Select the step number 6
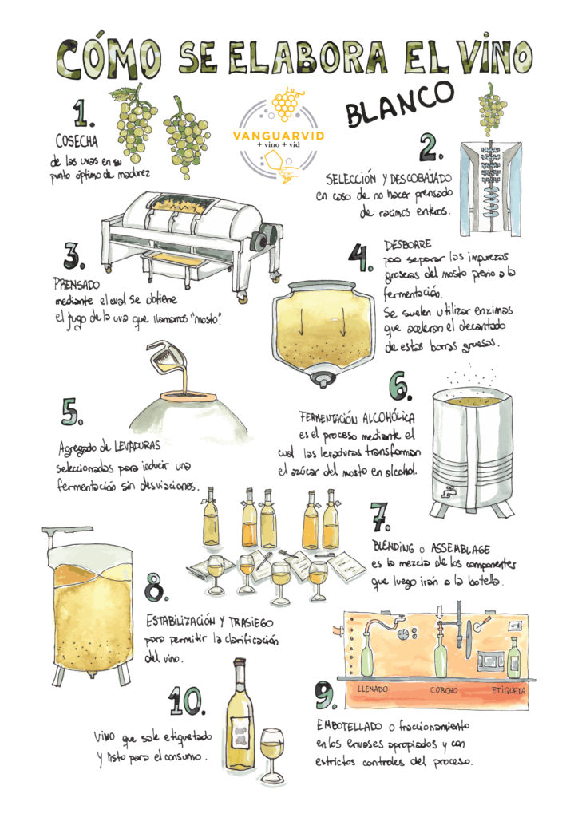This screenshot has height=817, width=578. pyautogui.click(x=399, y=385)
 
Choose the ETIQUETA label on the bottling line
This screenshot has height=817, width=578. pyautogui.click(x=507, y=690)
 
